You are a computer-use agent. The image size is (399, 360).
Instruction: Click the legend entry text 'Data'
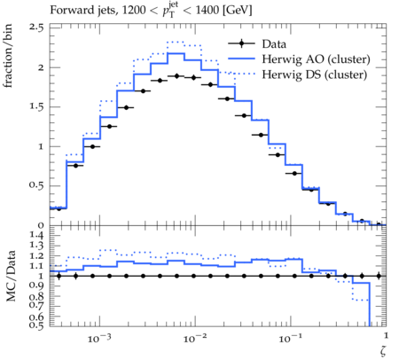[x=274, y=44]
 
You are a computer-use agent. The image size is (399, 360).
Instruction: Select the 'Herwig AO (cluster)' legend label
[x=316, y=59]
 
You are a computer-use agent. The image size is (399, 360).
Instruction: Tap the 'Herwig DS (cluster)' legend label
[x=315, y=74]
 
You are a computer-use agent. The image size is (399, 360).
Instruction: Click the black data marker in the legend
[x=241, y=43]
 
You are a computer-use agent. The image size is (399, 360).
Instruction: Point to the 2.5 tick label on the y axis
[x=36, y=27]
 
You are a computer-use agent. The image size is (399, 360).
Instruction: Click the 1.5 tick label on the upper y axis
[x=36, y=106]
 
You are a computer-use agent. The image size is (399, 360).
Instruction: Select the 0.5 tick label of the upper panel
[x=36, y=185]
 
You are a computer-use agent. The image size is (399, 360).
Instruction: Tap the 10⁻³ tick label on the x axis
[x=99, y=338]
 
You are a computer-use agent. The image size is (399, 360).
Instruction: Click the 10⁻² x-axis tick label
[x=195, y=338]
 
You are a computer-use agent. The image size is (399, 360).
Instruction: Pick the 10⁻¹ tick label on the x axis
[x=290, y=338]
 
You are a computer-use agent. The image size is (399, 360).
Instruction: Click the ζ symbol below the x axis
[x=383, y=351]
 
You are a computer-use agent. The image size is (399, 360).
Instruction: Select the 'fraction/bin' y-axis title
[x=8, y=56]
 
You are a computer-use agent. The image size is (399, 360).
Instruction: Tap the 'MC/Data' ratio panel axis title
[x=11, y=276]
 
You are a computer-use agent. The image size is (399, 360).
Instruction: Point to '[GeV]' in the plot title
[x=237, y=11]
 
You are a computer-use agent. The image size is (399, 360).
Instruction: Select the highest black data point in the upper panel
[x=176, y=76]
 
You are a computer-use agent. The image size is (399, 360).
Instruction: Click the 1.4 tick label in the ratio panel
[x=36, y=236]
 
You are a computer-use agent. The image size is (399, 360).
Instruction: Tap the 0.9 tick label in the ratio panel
[x=36, y=286]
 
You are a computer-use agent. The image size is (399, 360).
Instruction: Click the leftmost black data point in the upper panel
[x=59, y=208]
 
